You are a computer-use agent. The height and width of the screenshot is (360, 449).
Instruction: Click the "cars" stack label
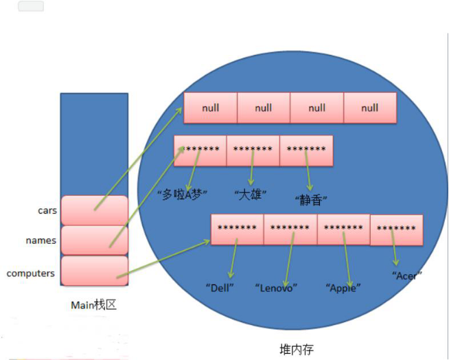coord(47,211)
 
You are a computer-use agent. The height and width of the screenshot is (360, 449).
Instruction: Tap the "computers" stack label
coord(31,273)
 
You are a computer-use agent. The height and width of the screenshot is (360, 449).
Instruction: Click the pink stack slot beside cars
coord(94,210)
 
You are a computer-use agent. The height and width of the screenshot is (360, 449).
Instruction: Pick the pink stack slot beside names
coord(94,240)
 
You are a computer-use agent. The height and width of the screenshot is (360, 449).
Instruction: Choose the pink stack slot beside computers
coord(94,271)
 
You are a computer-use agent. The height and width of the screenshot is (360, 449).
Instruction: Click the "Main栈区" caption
coord(93,304)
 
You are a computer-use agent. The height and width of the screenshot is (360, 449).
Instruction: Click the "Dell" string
coord(220,287)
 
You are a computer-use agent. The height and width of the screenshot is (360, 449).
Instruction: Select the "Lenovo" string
coord(275,287)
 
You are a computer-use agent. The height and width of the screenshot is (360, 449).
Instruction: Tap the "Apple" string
coord(343,287)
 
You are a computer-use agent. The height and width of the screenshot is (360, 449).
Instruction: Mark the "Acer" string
coord(406,275)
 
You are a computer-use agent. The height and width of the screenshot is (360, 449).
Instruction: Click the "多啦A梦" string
coord(182,194)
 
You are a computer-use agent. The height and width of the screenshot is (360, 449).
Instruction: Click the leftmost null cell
coord(210,108)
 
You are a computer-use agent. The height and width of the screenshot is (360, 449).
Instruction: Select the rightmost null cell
coord(370,108)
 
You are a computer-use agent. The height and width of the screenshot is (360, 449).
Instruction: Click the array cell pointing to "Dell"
coord(237,229)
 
